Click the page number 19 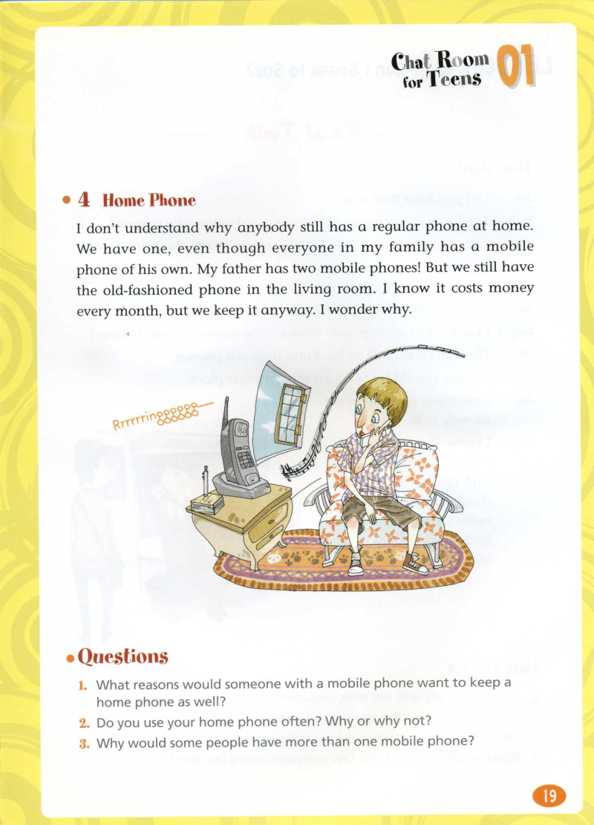pos(549,796)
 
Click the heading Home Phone pos(148,200)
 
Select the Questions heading pos(123,656)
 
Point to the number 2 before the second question pos(85,721)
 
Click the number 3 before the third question pos(85,740)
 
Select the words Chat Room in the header pos(440,61)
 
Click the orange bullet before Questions pos(71,658)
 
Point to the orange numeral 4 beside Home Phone pos(85,200)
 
